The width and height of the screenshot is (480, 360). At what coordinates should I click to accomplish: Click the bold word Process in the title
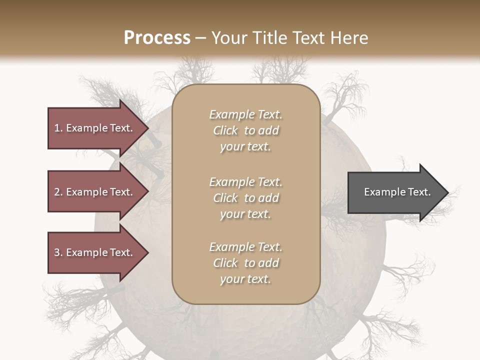click(157, 38)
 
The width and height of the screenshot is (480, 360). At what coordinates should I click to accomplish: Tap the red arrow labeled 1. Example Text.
click(95, 128)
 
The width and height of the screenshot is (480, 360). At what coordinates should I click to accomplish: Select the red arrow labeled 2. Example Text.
click(95, 192)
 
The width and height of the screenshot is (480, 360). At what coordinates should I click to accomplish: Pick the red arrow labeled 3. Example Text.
click(95, 252)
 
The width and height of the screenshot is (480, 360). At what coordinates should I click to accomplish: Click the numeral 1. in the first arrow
click(58, 128)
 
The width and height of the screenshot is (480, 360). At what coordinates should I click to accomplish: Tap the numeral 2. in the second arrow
click(58, 192)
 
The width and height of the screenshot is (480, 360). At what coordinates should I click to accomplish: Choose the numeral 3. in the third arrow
click(58, 252)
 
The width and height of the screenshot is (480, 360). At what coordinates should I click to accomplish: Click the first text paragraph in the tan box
click(245, 130)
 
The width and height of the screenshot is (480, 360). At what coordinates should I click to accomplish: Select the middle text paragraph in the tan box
click(245, 198)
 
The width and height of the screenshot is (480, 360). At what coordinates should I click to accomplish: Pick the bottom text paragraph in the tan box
click(245, 263)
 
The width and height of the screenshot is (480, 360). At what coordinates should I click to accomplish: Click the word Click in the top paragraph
click(225, 130)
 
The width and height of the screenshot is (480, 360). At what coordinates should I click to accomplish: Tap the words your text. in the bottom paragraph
click(245, 279)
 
